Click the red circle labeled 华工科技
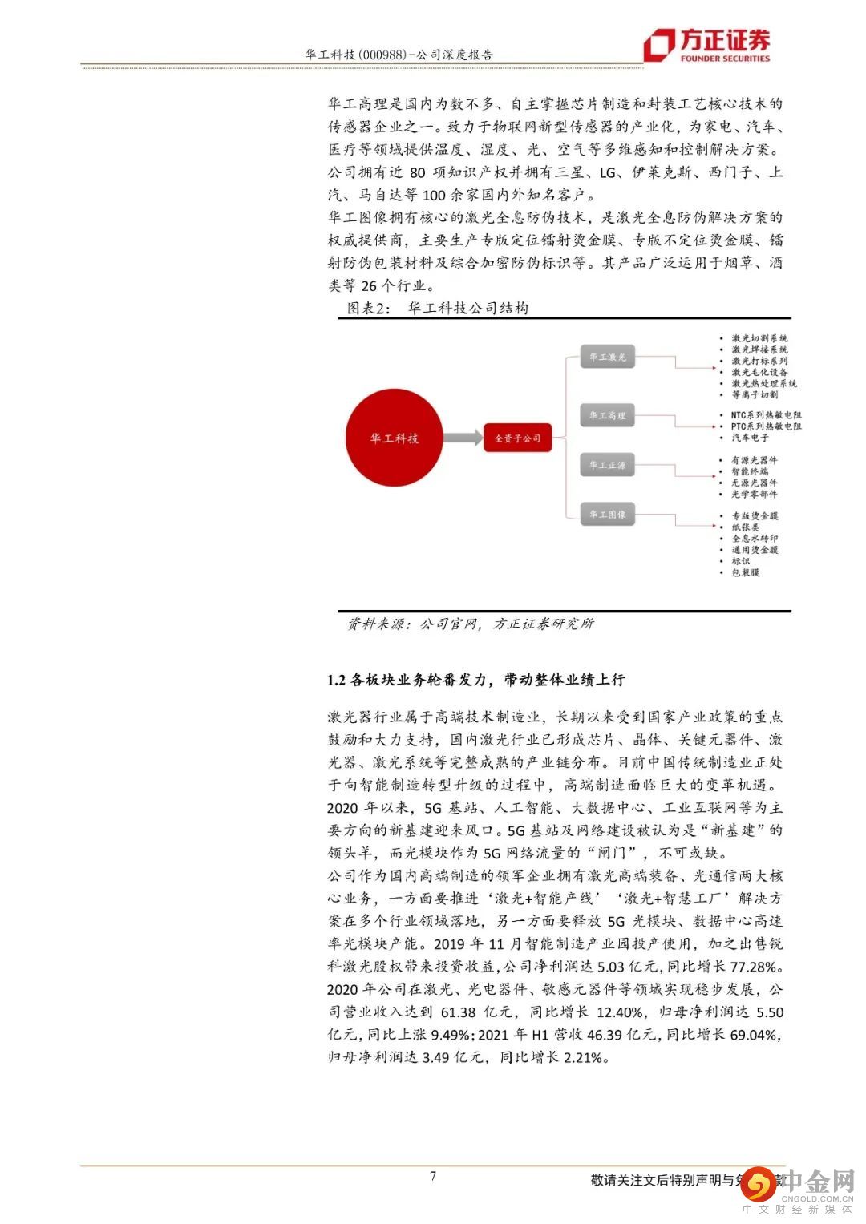pyautogui.click(x=395, y=438)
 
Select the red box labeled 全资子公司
pyautogui.click(x=517, y=438)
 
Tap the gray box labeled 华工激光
pyautogui.click(x=607, y=358)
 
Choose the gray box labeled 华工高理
pyautogui.click(x=607, y=415)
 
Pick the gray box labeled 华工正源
pyautogui.click(x=607, y=465)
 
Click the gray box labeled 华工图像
pyautogui.click(x=607, y=515)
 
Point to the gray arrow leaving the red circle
pyautogui.click(x=463, y=438)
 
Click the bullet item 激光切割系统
pyautogui.click(x=759, y=338)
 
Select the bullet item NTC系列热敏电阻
pyautogui.click(x=766, y=415)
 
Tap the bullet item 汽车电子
pyautogui.click(x=749, y=438)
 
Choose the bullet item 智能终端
pyautogui.click(x=749, y=471)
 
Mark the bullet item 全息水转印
pyautogui.click(x=754, y=539)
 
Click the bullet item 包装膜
pyautogui.click(x=745, y=572)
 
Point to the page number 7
pyautogui.click(x=433, y=1176)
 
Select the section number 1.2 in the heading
pyautogui.click(x=336, y=680)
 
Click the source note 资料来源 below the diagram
pyautogui.click(x=377, y=624)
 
